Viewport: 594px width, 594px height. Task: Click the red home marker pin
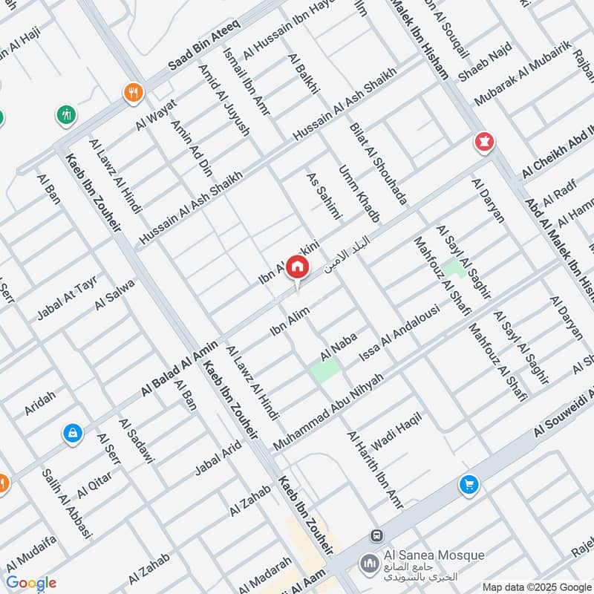(x=297, y=267)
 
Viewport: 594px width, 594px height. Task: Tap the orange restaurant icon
(x=133, y=92)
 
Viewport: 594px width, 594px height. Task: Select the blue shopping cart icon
(x=469, y=485)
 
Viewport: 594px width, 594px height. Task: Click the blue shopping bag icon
(x=73, y=432)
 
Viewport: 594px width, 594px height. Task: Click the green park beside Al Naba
(x=325, y=369)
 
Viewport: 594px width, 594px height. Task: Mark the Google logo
(x=31, y=584)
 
